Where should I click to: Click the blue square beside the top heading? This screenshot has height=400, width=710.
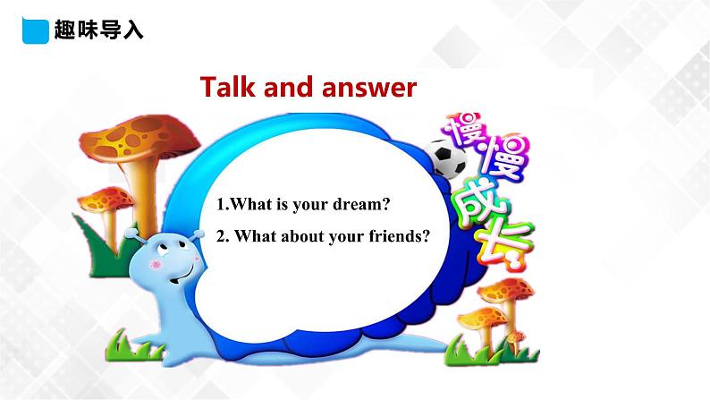coord(34,30)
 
